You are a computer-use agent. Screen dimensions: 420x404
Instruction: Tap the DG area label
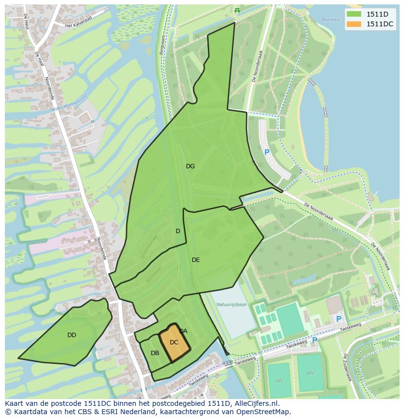tap(190, 166)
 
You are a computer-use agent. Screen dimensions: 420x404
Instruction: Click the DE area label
tap(196, 260)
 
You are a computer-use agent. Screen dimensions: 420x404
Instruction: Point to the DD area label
tap(72, 335)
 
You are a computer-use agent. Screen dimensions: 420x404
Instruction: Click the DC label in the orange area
tap(174, 342)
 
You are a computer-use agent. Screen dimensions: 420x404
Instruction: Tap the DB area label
tap(155, 353)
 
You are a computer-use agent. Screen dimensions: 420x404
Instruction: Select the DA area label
tap(183, 331)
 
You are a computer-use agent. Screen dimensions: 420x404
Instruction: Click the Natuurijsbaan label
tap(231, 304)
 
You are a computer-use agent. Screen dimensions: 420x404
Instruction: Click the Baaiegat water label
tap(330, 20)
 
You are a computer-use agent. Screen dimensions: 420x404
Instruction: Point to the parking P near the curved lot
tap(267, 152)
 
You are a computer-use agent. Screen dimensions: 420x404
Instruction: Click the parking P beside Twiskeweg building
tap(339, 319)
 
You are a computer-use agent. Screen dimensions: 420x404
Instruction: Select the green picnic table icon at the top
tap(237, 10)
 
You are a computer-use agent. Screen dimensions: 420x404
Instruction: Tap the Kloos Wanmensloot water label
tap(70, 103)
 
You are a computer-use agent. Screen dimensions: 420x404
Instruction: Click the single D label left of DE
tap(178, 231)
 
